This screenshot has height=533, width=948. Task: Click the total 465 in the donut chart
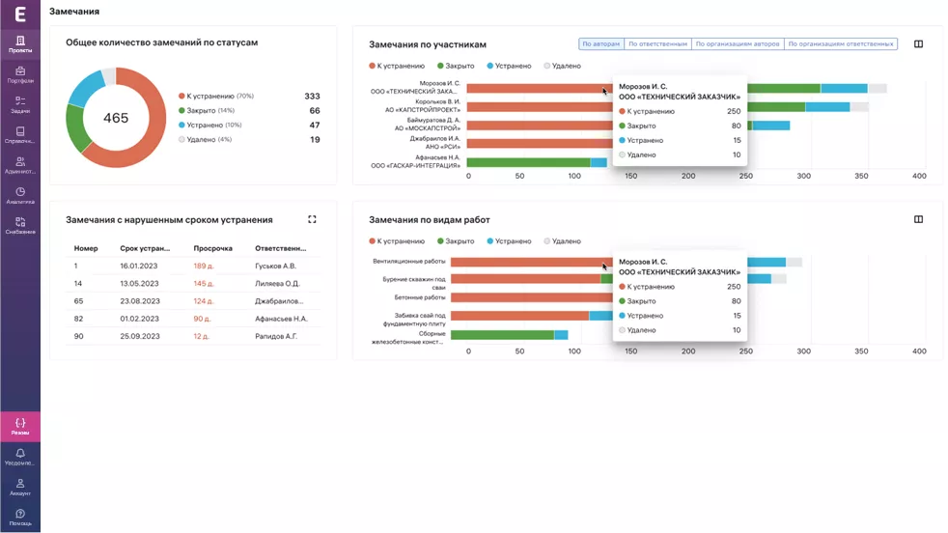[116, 118]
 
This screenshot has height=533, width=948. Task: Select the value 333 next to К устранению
[312, 97]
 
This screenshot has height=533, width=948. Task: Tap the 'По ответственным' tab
[658, 43]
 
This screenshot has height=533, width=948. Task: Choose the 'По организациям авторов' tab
[738, 43]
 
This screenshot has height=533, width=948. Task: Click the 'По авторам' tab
[600, 43]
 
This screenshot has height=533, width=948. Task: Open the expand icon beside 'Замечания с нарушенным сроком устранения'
[312, 219]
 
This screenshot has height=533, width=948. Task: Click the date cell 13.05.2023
[138, 284]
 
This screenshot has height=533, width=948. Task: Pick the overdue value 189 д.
[204, 266]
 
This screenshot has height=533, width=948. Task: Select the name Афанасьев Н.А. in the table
[281, 319]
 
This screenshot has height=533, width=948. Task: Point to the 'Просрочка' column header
[212, 248]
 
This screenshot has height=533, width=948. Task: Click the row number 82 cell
[78, 319]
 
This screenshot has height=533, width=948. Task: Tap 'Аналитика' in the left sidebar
[20, 196]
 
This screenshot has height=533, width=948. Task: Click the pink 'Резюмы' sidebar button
[20, 426]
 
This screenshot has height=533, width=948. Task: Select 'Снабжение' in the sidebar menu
[20, 226]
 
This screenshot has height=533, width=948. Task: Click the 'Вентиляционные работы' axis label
[409, 262]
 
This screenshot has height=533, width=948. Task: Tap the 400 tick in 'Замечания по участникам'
[919, 176]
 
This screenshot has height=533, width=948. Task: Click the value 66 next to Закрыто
[315, 111]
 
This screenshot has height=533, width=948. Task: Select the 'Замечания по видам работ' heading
[429, 220]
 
